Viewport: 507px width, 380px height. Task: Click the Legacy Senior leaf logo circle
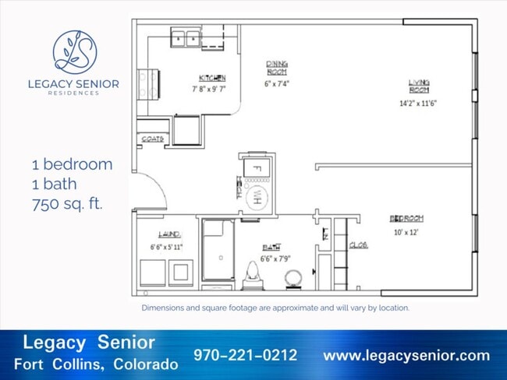(x=75, y=51)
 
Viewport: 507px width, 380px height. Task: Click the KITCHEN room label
(x=212, y=78)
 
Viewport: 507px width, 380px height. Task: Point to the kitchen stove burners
(x=146, y=80)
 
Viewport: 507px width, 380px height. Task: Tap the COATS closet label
(x=151, y=139)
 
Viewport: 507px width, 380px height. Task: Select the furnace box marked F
(x=254, y=167)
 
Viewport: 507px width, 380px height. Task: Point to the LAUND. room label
(x=169, y=234)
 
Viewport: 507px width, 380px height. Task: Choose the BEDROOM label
(x=406, y=218)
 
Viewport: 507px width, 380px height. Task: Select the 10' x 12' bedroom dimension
(x=406, y=232)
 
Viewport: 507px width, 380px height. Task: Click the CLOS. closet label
(x=358, y=245)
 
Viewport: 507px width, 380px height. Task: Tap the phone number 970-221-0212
(x=246, y=355)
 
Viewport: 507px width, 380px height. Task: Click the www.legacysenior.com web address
(x=406, y=355)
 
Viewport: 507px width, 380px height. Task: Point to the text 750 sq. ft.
(x=67, y=203)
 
